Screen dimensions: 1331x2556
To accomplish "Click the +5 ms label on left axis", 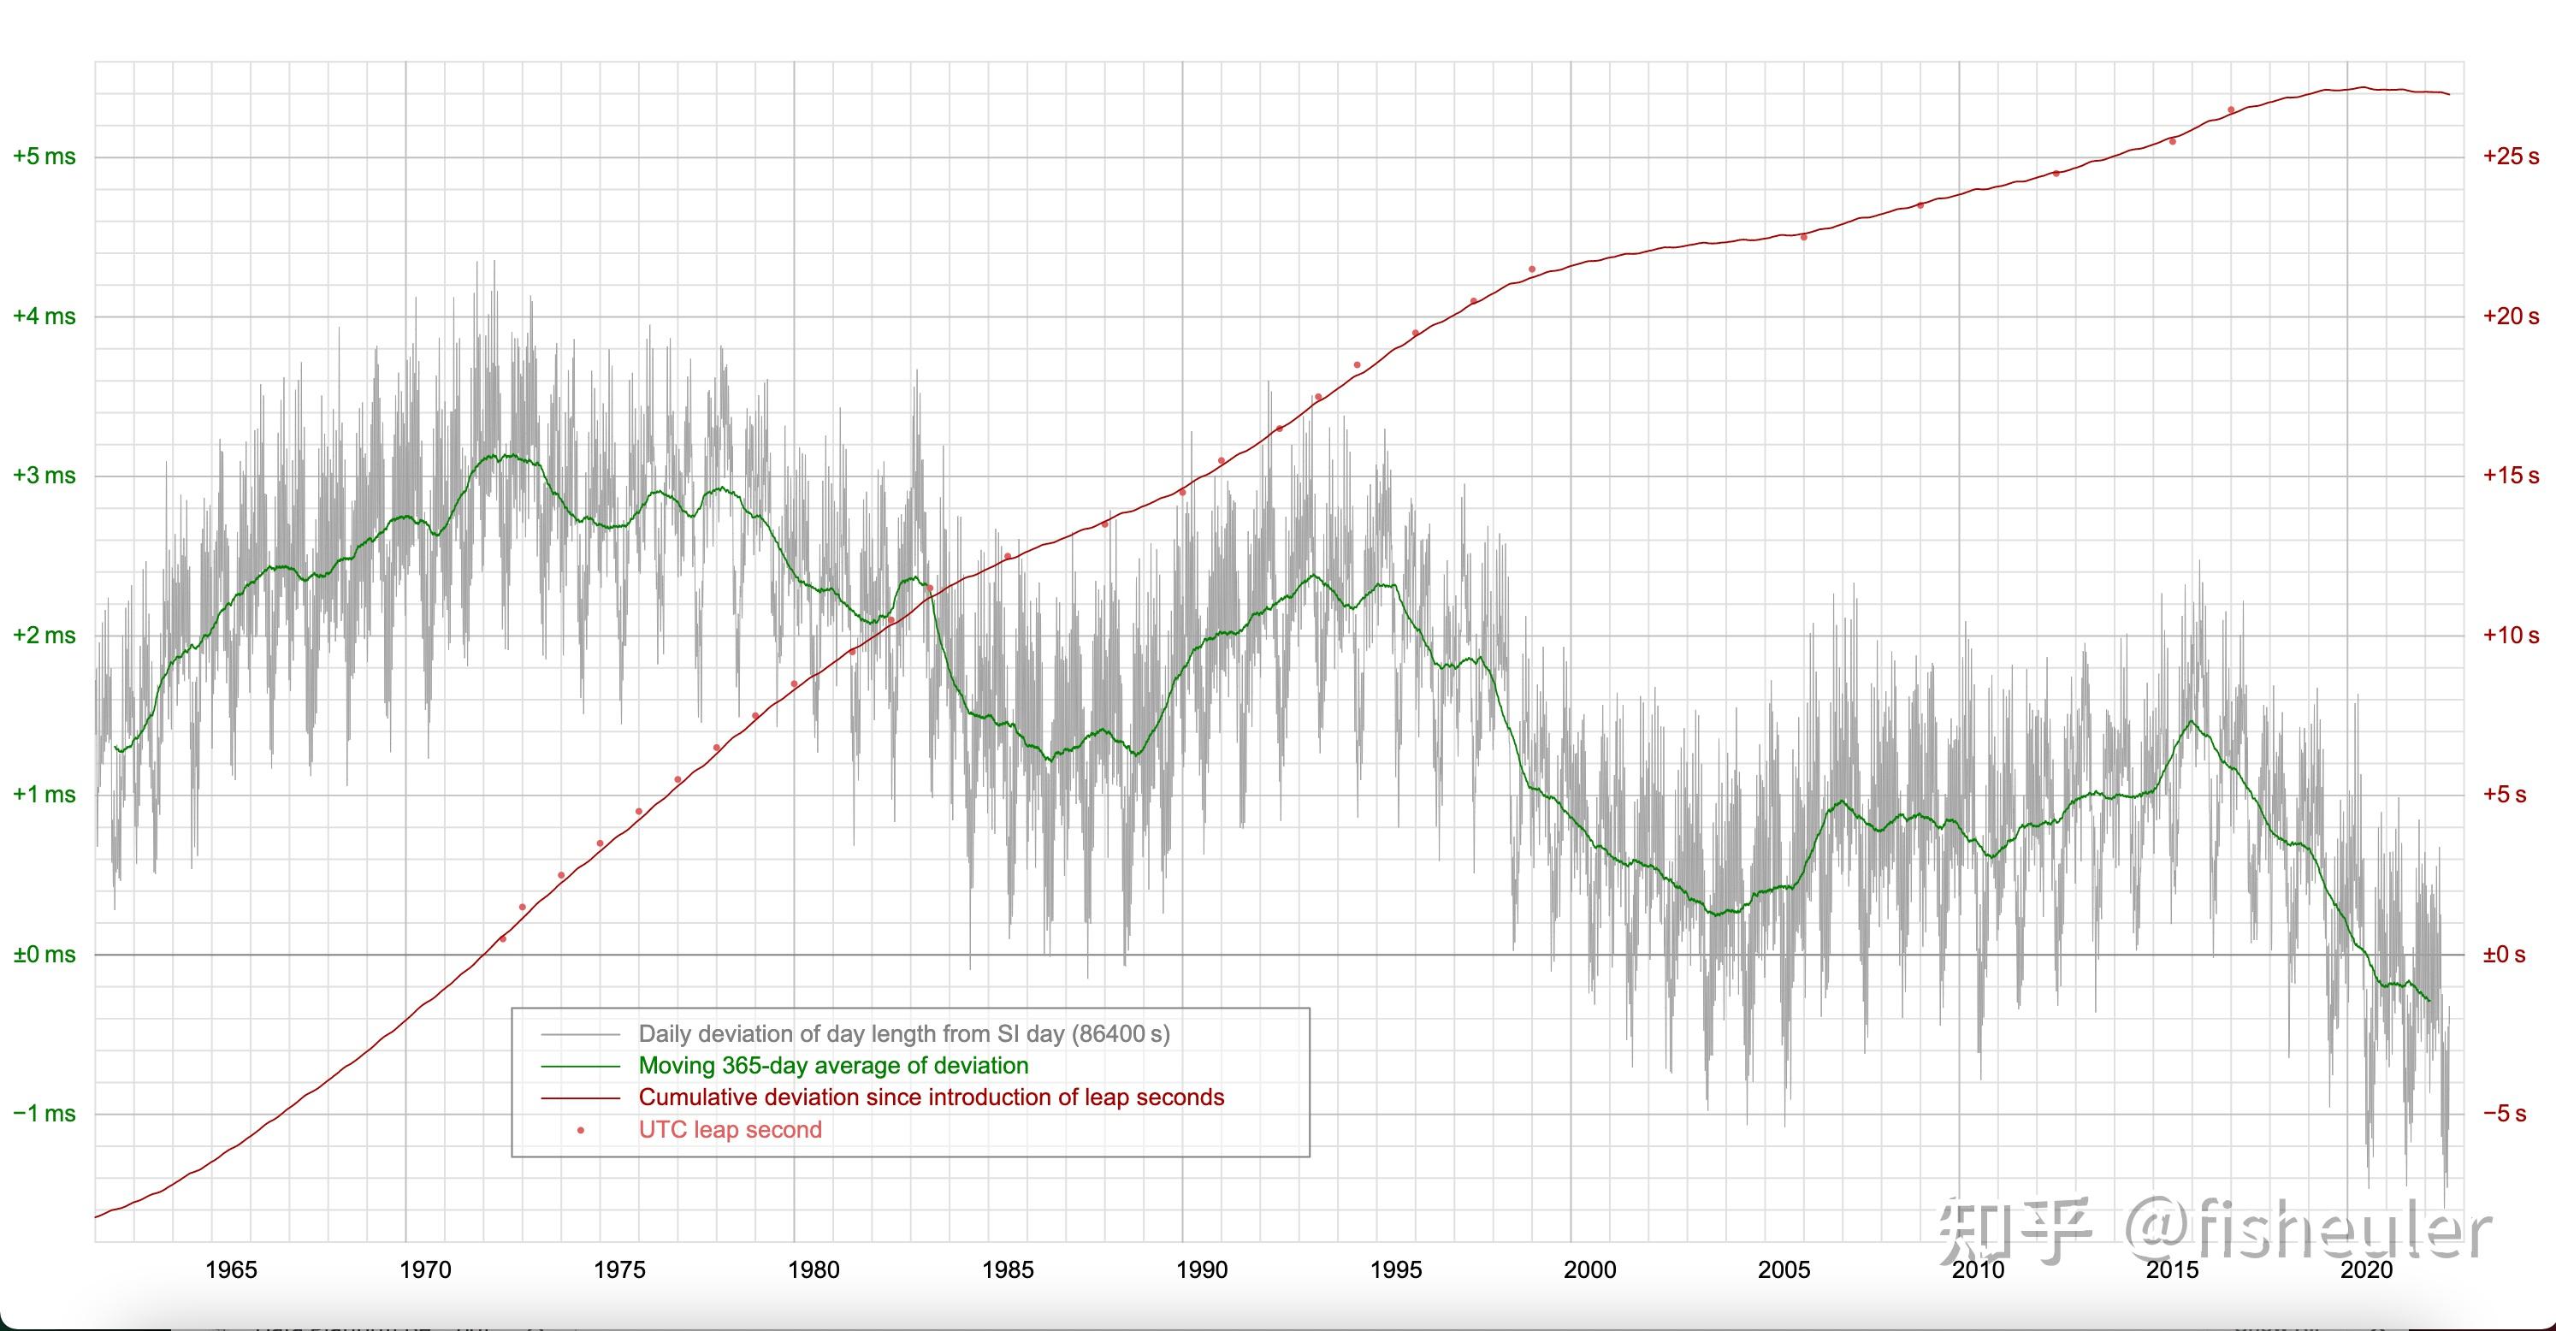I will pos(44,157).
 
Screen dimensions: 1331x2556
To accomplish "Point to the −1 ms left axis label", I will pos(44,1114).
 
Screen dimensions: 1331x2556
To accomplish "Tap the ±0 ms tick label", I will pos(44,955).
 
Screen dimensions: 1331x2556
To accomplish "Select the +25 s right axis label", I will pos(2512,157).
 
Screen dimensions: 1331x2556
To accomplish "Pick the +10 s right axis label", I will pos(2512,636).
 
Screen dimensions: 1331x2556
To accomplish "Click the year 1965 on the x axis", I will pos(231,1270).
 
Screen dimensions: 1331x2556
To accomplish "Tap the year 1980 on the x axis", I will pos(814,1270).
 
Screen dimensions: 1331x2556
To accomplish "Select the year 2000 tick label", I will pos(1590,1270).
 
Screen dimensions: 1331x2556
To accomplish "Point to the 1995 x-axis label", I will pos(1396,1270).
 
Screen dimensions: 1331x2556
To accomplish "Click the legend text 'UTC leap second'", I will pos(731,1129).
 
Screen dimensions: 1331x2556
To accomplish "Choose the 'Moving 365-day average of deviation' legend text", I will pos(833,1066).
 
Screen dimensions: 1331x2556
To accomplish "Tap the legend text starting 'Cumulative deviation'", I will pos(932,1097).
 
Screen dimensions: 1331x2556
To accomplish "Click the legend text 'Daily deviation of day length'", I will pos(904,1034).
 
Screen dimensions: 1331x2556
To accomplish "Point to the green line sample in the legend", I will pos(581,1066).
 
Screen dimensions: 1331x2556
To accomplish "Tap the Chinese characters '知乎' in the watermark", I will pos(2015,1231).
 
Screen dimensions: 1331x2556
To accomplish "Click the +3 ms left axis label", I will pos(44,476).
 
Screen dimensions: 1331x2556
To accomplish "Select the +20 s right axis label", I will pos(2512,316).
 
